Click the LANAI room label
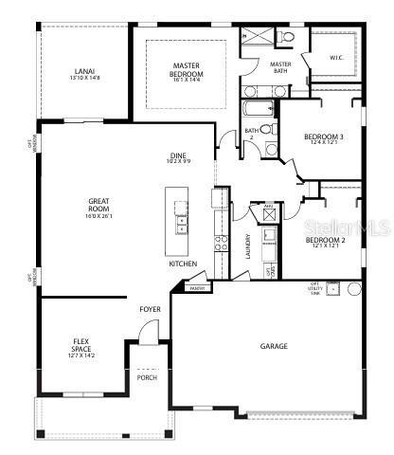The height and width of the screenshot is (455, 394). pos(82,71)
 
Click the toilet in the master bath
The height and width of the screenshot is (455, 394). pos(288,37)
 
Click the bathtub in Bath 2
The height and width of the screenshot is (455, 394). pos(256,108)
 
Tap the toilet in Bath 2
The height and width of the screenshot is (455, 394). pos(268,130)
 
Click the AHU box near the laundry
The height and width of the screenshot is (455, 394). pos(268,209)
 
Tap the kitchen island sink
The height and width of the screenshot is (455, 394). pos(180,226)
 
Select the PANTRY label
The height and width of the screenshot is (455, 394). pos(197,288)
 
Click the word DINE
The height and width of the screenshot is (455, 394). pos(178,155)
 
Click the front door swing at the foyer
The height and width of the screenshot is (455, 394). pos(147,331)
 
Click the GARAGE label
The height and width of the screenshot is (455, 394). pos(274,346)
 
